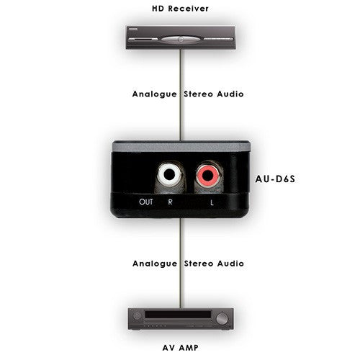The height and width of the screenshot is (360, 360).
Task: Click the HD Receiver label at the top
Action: (180, 9)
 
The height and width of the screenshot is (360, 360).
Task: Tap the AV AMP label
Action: (181, 348)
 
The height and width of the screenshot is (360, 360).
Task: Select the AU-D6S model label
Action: (275, 179)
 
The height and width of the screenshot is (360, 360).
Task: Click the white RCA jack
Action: (169, 174)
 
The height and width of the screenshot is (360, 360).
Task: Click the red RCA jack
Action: (207, 176)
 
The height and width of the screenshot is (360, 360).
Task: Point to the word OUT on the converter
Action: (146, 202)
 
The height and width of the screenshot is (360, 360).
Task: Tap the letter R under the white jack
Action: (170, 202)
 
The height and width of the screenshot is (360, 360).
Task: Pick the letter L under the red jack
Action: (212, 203)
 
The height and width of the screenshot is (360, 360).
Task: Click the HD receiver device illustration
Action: (181, 37)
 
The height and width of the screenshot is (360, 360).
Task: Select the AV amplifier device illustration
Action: (181, 319)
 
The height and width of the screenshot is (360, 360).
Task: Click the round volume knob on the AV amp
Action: (222, 319)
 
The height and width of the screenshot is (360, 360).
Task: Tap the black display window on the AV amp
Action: (178, 315)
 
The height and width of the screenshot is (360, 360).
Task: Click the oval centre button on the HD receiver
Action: (181, 40)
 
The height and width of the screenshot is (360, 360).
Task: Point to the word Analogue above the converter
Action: (155, 94)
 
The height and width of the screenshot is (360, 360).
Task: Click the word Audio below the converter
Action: (230, 264)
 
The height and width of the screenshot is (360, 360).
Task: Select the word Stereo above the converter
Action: (198, 94)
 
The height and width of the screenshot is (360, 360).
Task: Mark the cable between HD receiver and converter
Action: (181, 95)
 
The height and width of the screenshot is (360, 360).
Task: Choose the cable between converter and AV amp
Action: (181, 263)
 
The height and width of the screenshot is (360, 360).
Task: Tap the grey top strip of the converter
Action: (181, 147)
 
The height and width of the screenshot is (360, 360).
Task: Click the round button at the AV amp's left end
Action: (137, 316)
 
